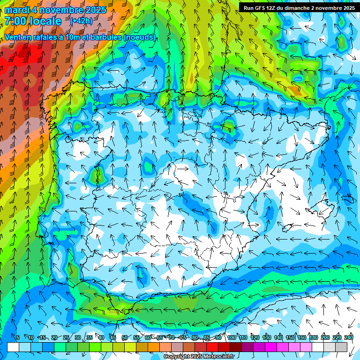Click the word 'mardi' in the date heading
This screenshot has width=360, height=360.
tap(17, 10)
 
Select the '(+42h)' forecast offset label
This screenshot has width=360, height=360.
tap(81, 21)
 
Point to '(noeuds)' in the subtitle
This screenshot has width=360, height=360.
tap(140, 37)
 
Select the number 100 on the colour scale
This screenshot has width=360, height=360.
tap(232, 337)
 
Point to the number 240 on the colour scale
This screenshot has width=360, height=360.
tap(349, 337)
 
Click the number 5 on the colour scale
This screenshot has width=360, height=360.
tap(18, 337)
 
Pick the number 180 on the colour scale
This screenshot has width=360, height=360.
tap(314, 337)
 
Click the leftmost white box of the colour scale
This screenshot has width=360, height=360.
tap(13, 347)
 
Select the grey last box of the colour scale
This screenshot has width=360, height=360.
tap(341, 347)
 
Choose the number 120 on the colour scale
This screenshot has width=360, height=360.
tap(255, 337)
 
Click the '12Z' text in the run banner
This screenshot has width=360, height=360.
tap(274, 8)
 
